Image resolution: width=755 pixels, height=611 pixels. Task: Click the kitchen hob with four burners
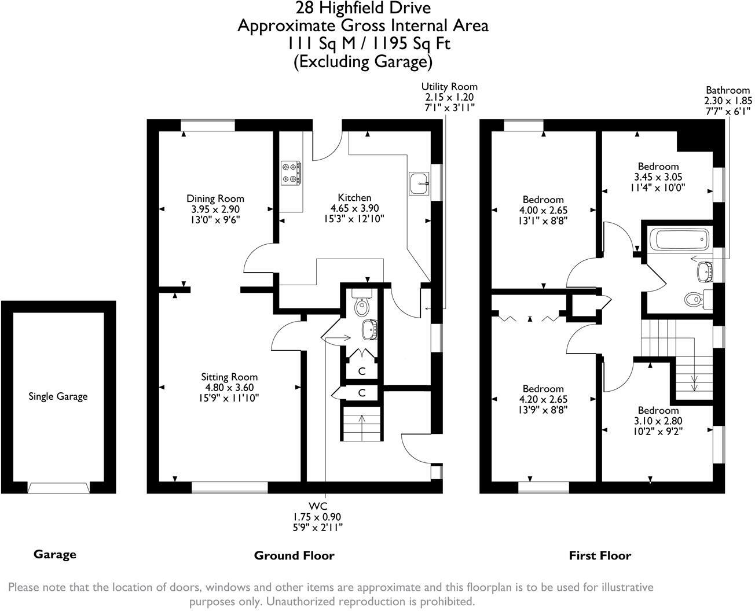(291, 172)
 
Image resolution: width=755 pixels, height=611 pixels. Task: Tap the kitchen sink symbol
(418, 183)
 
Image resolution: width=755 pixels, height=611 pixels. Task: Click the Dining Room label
(215, 198)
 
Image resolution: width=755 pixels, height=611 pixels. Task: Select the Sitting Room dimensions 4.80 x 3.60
(229, 388)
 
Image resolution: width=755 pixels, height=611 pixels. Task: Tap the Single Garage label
(58, 396)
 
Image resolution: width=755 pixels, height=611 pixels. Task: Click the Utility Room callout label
(449, 87)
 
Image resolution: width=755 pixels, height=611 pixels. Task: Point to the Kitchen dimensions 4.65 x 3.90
(354, 208)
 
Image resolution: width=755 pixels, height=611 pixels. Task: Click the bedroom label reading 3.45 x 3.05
(658, 176)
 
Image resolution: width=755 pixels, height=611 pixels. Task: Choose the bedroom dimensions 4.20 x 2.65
(543, 399)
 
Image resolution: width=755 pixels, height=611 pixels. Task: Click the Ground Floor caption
(294, 555)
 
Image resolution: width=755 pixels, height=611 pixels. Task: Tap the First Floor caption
(600, 555)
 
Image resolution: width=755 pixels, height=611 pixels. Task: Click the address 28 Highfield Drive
(363, 8)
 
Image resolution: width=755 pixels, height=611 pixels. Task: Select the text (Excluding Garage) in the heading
(363, 61)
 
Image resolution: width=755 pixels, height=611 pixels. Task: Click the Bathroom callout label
(727, 90)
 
